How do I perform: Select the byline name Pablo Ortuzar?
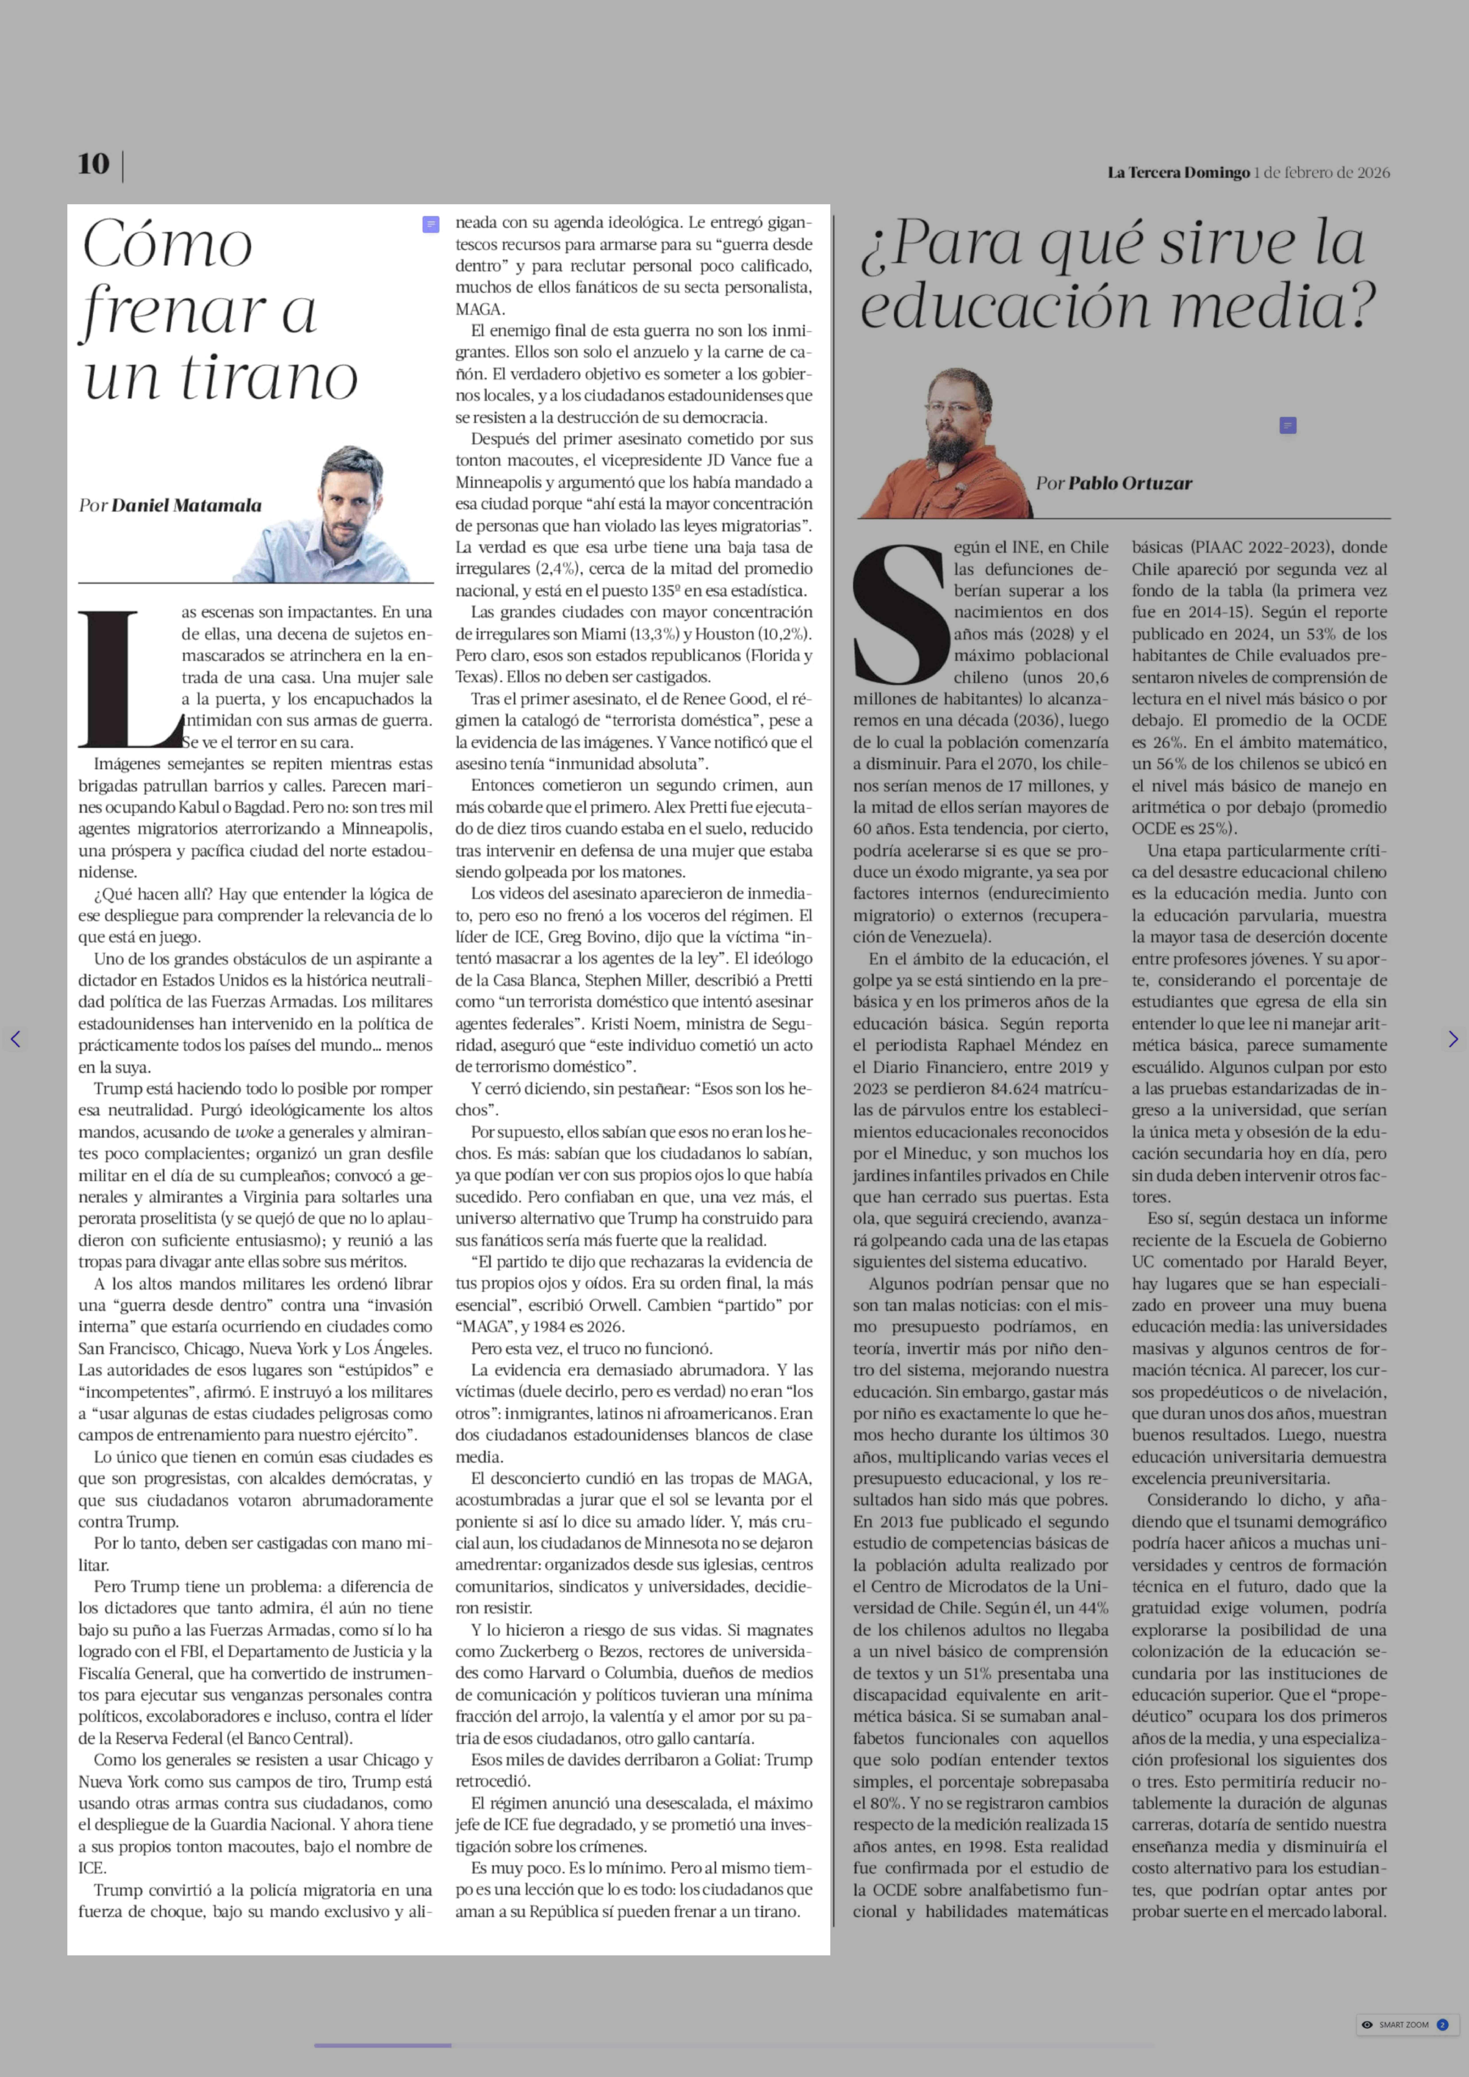[x=1130, y=483]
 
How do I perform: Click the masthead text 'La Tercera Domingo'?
[x=1178, y=173]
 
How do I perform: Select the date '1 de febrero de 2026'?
[x=1321, y=173]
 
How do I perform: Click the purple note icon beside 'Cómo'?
[x=431, y=224]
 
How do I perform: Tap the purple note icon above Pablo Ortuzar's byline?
[x=1288, y=425]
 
